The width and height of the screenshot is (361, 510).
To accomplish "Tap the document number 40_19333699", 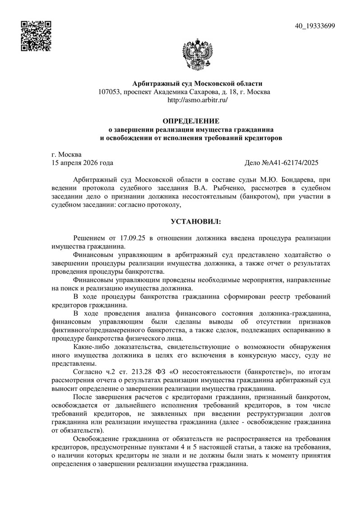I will point(315,26).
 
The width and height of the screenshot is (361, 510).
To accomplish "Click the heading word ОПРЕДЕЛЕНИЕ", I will point(190,121).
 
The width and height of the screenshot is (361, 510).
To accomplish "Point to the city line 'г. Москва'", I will point(67,154).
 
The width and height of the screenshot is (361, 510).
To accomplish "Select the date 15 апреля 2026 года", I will point(83,163).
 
